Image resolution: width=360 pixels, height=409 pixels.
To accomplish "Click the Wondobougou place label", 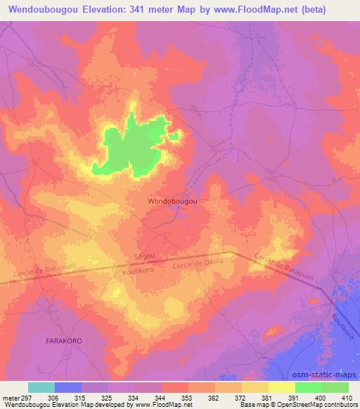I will tap(172, 201).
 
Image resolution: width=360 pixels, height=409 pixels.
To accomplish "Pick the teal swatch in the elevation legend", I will tap(41, 387).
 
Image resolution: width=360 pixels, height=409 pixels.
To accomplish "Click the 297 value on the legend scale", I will tap(25, 397).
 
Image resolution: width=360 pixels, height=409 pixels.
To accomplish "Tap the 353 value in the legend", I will tap(186, 397).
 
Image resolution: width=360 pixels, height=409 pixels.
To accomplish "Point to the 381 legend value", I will tap(266, 397).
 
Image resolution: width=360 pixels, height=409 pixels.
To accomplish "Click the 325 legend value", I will tap(106, 397).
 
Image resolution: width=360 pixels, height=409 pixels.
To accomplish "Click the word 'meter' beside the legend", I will tap(10, 397).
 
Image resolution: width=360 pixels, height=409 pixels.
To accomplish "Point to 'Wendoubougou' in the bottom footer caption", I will tap(25, 405).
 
